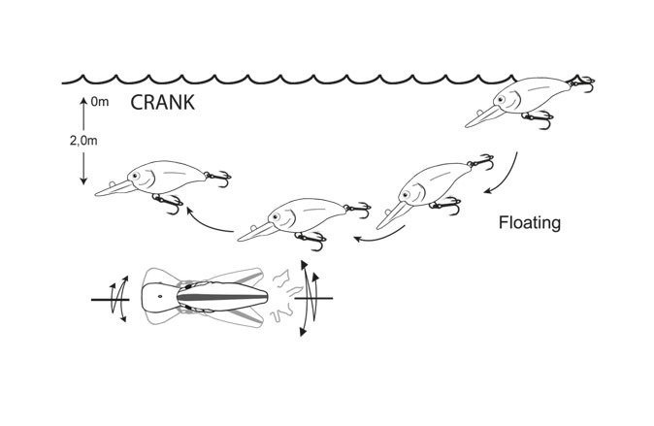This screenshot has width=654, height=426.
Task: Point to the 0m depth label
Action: tap(99, 101)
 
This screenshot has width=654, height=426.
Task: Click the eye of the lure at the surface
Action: tap(515, 97)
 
